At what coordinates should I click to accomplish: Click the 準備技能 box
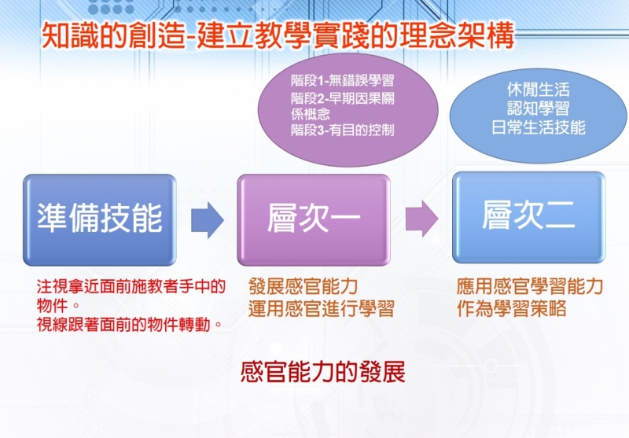click(x=100, y=220)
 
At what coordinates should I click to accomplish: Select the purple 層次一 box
click(x=314, y=220)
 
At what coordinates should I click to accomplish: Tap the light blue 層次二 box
click(x=528, y=217)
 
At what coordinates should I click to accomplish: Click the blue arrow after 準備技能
click(x=207, y=220)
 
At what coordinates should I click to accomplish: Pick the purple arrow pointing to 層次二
click(x=421, y=219)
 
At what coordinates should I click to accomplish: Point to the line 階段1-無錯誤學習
click(x=343, y=81)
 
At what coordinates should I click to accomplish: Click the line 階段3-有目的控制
click(x=343, y=131)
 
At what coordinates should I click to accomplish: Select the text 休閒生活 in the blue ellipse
click(x=538, y=90)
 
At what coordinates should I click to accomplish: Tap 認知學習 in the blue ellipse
click(x=538, y=109)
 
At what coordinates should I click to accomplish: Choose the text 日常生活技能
click(x=538, y=127)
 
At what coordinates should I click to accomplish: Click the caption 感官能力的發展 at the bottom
click(x=323, y=372)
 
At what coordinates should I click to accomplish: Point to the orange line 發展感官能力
click(x=303, y=286)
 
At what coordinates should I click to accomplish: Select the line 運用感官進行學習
click(x=322, y=308)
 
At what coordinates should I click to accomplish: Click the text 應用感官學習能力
click(x=530, y=286)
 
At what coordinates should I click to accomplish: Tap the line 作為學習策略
click(x=512, y=308)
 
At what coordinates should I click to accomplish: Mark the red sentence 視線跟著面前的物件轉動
click(x=130, y=325)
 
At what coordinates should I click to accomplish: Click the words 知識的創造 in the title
click(x=114, y=36)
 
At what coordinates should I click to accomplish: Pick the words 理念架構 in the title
click(x=455, y=36)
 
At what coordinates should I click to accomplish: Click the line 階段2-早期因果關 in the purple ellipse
click(x=343, y=98)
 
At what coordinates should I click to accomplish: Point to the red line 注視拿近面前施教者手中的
click(x=131, y=286)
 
